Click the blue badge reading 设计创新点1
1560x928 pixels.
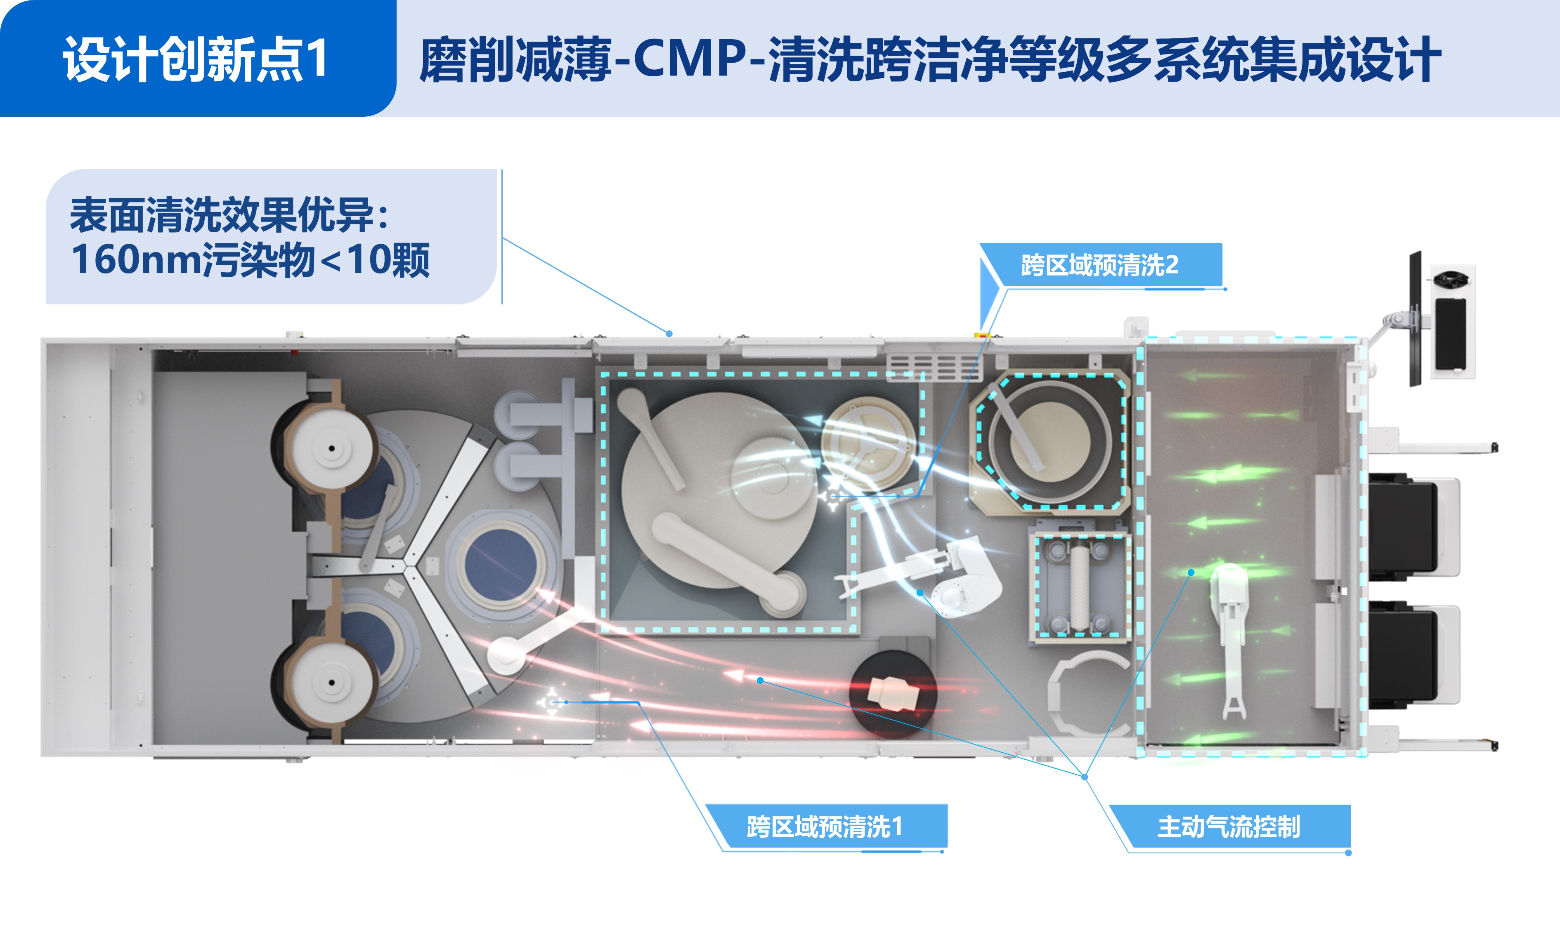198,58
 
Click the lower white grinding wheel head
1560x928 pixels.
332,682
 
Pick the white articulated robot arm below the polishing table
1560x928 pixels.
920,575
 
